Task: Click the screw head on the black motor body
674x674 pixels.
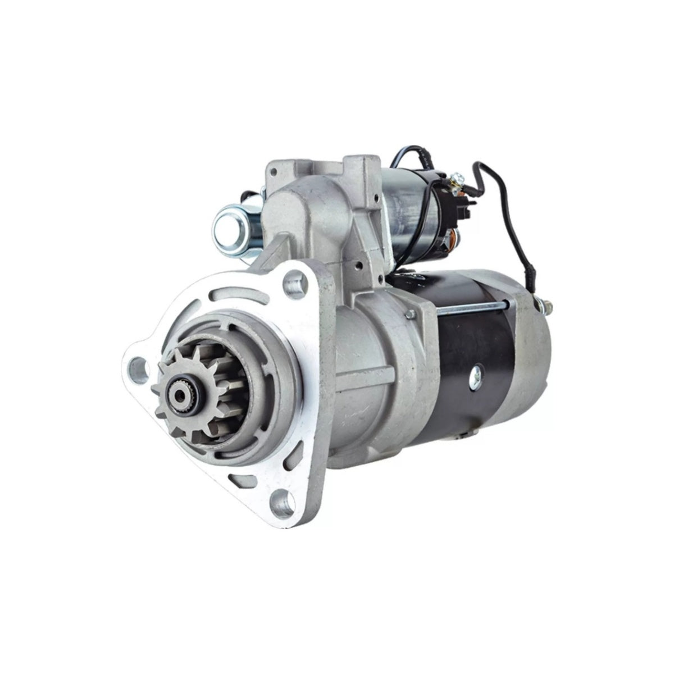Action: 477,370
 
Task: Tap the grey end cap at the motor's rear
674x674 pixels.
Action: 534,365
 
